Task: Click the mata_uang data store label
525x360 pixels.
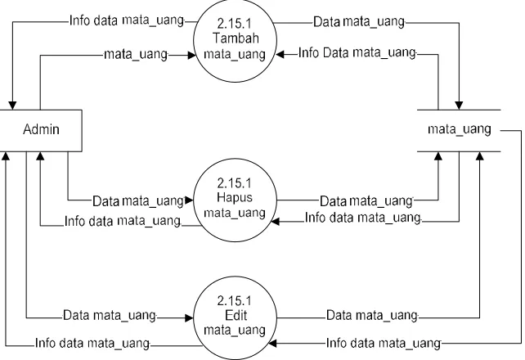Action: pos(460,129)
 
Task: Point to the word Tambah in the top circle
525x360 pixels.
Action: pos(236,38)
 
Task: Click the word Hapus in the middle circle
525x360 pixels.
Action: pos(235,197)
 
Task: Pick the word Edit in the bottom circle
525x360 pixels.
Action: pos(236,315)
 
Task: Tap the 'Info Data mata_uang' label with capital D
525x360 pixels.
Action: pos(357,53)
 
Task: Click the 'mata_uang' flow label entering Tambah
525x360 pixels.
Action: pos(136,54)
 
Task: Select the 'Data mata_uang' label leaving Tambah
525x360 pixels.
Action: pos(359,22)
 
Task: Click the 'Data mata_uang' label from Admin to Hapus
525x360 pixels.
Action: pos(138,201)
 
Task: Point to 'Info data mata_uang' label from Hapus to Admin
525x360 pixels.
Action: pos(123,222)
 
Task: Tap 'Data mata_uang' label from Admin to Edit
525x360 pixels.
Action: pos(110,316)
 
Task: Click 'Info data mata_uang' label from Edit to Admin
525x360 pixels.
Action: pos(92,344)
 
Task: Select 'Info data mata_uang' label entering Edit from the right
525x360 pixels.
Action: pos(384,344)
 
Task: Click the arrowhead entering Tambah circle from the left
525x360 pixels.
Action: pos(191,56)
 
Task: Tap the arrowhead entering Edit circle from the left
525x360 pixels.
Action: pos(190,318)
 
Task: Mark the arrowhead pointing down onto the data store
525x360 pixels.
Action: pos(459,106)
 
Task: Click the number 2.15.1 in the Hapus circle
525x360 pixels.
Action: pos(235,183)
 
